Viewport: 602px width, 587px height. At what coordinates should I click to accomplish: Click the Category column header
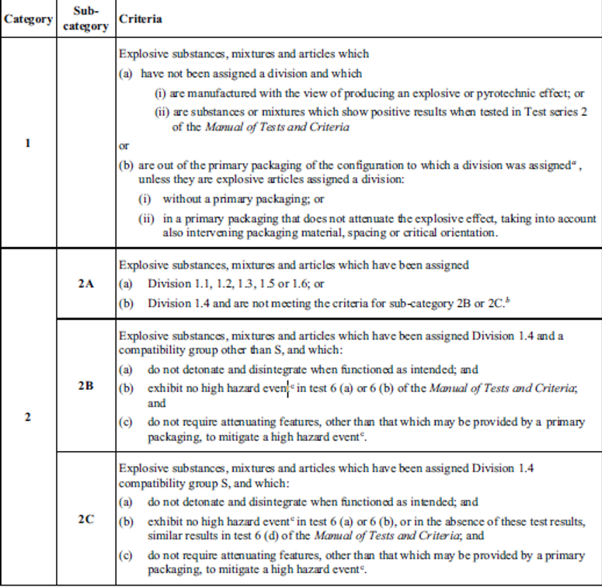29,19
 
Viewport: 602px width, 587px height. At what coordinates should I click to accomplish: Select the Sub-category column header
85,19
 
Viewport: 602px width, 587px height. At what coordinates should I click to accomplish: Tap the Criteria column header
136,18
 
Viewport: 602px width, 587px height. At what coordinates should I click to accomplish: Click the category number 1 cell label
28,143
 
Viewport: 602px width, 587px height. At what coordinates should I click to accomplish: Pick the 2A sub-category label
85,285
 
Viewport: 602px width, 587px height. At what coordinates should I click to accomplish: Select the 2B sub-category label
85,386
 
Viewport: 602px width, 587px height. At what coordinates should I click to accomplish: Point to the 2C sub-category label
85,519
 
